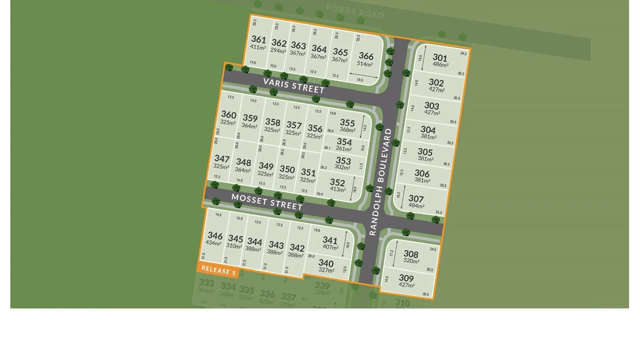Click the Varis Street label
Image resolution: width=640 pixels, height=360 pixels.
[294, 86]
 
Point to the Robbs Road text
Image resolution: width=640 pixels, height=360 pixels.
[355, 12]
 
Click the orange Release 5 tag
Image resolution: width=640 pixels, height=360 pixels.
[218, 270]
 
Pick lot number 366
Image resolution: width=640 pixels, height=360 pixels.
[366, 56]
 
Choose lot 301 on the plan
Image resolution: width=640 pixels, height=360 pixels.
[440, 58]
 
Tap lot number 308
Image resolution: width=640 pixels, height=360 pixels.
[411, 254]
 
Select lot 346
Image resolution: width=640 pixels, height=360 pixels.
[215, 236]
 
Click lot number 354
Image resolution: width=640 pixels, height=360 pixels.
[344, 142]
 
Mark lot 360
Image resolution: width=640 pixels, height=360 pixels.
[229, 115]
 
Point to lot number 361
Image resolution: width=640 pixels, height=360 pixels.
[258, 39]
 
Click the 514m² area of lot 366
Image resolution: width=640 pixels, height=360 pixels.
[365, 64]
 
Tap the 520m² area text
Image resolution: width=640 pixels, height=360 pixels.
[411, 262]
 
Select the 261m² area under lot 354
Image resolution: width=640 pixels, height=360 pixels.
[344, 149]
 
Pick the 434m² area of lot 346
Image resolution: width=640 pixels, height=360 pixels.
[214, 243]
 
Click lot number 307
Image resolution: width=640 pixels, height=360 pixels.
[416, 198]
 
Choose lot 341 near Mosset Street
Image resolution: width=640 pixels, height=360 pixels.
[330, 240]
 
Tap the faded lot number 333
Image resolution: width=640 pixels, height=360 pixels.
[206, 283]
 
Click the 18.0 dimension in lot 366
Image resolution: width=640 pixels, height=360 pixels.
[360, 80]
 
